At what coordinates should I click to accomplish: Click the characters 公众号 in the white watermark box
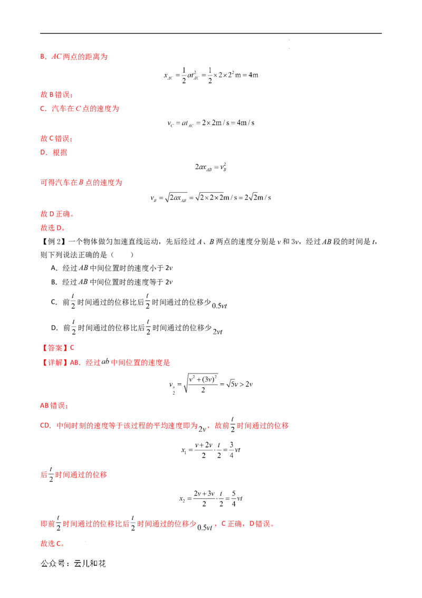(52, 564)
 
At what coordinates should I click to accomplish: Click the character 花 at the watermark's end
(102, 564)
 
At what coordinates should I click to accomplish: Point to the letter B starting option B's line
(42, 56)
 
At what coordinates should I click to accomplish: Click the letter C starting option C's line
(42, 109)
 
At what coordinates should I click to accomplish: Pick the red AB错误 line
(53, 406)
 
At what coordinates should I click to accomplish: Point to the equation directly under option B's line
(211, 76)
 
